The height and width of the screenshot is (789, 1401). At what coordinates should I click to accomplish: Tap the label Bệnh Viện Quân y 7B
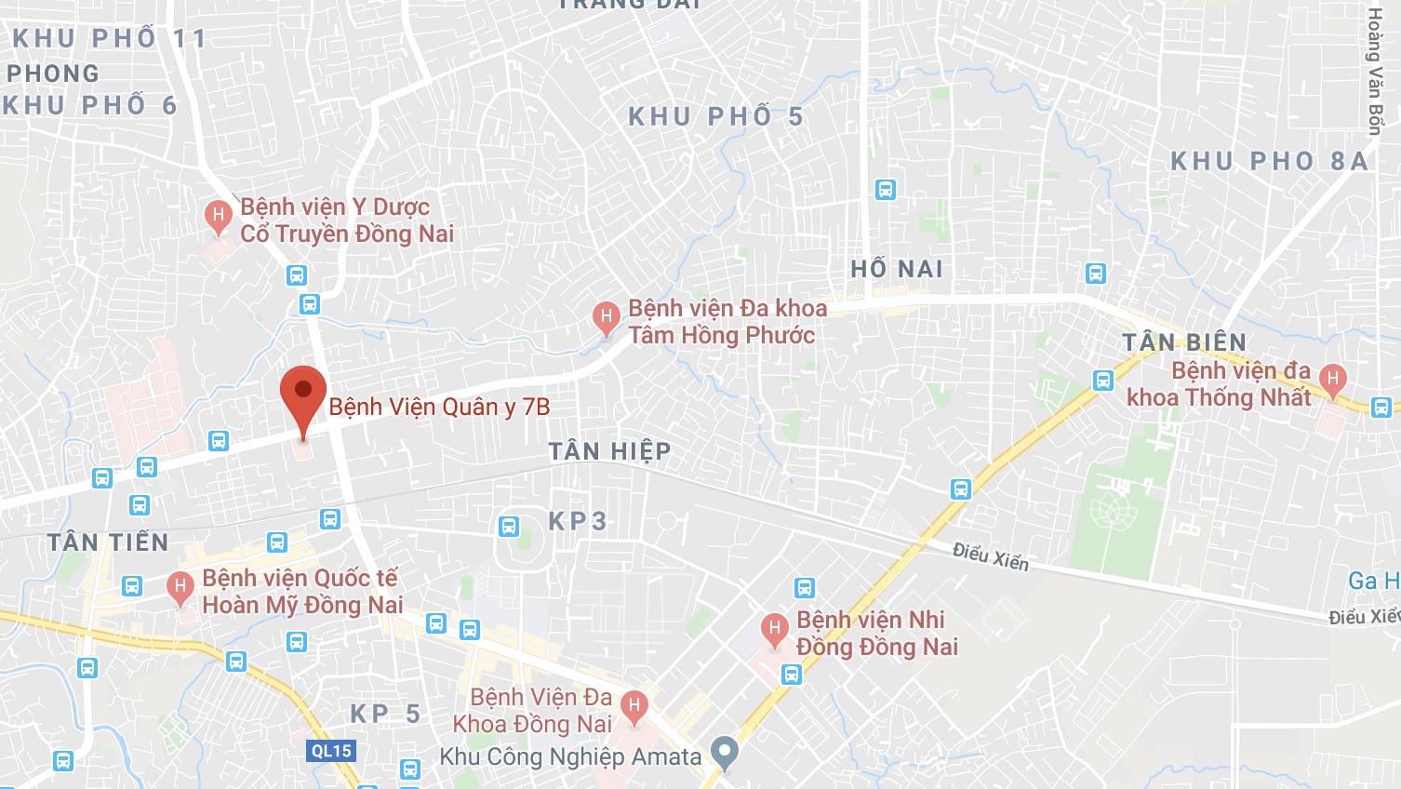coord(439,407)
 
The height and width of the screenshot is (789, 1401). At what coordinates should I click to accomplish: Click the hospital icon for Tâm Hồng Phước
coord(607,317)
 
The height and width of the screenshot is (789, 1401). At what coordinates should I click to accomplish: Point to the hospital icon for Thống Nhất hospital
coord(1332,379)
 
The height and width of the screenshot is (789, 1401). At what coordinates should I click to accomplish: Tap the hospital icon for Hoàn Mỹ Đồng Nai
coord(180,587)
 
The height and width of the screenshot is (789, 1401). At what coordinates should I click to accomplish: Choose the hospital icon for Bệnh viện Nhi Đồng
coord(774,629)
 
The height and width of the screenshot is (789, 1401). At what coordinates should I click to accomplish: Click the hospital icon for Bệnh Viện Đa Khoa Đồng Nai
coord(634,705)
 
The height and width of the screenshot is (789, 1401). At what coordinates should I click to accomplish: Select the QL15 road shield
coord(331,751)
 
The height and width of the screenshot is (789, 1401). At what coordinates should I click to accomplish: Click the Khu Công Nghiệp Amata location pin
coord(724,751)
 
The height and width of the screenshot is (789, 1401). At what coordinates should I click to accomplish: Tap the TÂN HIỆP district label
coord(609,451)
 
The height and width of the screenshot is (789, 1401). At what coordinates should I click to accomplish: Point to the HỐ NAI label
coord(897,269)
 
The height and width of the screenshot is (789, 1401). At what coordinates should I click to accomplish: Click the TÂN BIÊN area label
coord(1184,342)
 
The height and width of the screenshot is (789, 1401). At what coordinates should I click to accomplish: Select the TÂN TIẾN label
coord(108,542)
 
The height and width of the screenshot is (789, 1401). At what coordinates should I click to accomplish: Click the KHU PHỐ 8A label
coord(1269,161)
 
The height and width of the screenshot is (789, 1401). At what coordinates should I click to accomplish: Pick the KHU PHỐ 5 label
coord(715,116)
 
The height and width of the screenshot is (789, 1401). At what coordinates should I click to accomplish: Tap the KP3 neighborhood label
coord(577,521)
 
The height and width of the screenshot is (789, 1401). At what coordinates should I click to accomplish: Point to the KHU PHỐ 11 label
coord(109,38)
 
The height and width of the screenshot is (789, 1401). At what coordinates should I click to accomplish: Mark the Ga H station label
coord(1373,581)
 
